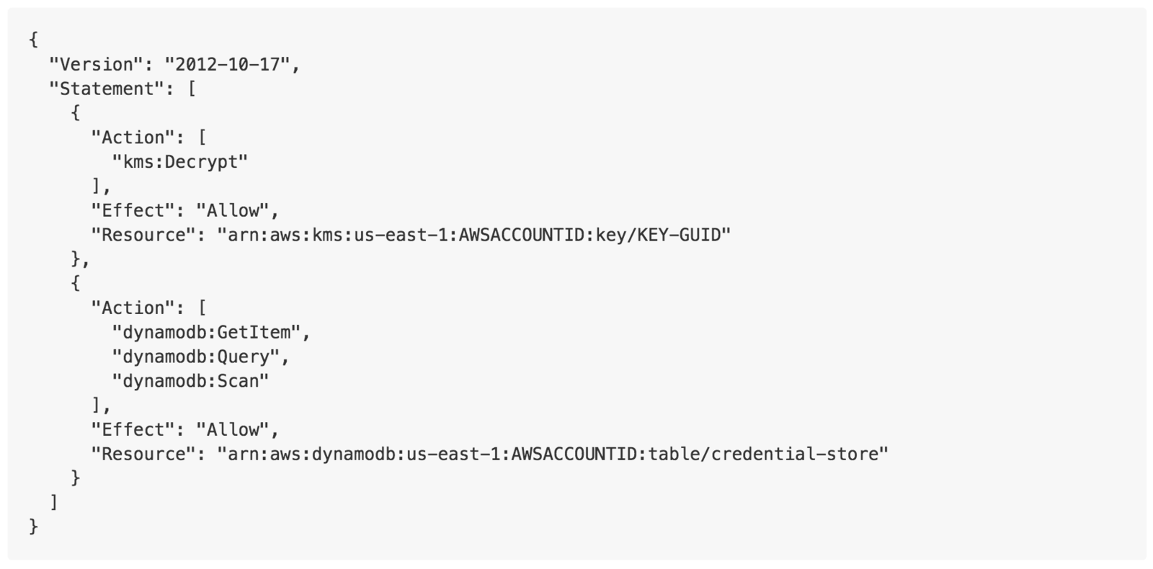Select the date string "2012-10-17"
[x=226, y=65]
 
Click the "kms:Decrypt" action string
[x=180, y=162]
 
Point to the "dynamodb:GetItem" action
[x=206, y=333]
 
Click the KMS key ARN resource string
[x=474, y=235]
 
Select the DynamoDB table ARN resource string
[x=553, y=454]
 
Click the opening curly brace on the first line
[x=33, y=40]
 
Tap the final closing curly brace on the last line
[x=33, y=527]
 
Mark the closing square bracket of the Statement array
[x=54, y=502]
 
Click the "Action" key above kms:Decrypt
[x=133, y=138]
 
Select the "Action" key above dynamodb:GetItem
[x=133, y=308]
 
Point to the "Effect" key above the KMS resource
[x=133, y=211]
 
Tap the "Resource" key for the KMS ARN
[x=143, y=235]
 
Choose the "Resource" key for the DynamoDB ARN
[x=143, y=454]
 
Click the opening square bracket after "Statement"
[x=191, y=89]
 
